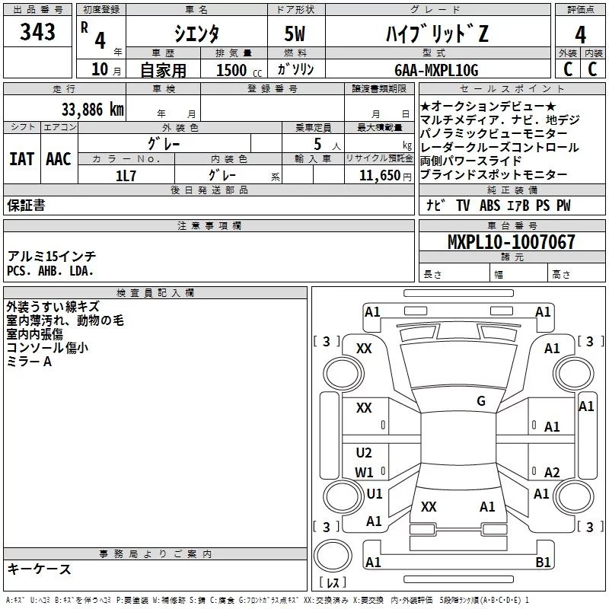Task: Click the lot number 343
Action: pyautogui.click(x=37, y=33)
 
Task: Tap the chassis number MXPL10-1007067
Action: pyautogui.click(x=511, y=242)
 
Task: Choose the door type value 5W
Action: pyautogui.click(x=296, y=34)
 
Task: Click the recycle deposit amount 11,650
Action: pyautogui.click(x=375, y=175)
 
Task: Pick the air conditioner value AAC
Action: pyautogui.click(x=59, y=158)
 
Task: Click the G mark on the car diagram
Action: pyautogui.click(x=480, y=401)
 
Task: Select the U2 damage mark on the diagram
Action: pyautogui.click(x=364, y=453)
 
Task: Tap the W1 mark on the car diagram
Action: pyautogui.click(x=364, y=472)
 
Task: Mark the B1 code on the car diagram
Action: pyautogui.click(x=543, y=563)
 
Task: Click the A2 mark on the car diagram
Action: pyautogui.click(x=552, y=472)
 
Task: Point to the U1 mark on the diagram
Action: pyautogui.click(x=374, y=494)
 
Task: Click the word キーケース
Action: pyautogui.click(x=39, y=569)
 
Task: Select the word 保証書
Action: pyautogui.click(x=26, y=206)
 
